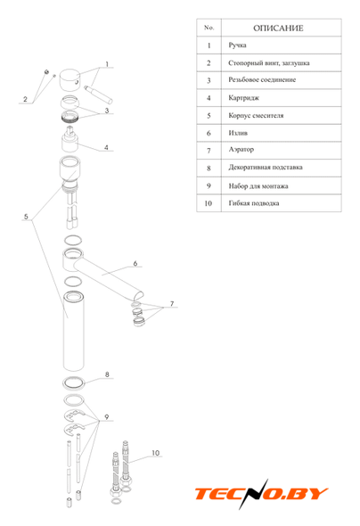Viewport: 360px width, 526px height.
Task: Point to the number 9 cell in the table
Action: [x=209, y=185]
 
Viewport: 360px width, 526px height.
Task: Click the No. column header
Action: [x=209, y=28]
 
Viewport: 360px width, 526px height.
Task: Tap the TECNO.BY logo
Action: [x=261, y=494]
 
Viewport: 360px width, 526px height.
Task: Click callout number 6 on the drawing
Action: [x=135, y=263]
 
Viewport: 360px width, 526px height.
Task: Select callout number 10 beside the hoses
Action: [x=156, y=453]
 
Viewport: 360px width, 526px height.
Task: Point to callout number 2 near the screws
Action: [x=25, y=99]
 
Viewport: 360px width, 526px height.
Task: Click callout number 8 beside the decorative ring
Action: [x=107, y=374]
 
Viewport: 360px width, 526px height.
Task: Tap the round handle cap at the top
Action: [x=70, y=80]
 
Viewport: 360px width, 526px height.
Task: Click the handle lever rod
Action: [x=99, y=95]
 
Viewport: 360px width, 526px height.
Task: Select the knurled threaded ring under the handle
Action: [x=70, y=117]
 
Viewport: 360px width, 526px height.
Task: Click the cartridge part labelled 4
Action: [x=70, y=139]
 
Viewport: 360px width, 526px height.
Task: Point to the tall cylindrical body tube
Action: [x=74, y=332]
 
